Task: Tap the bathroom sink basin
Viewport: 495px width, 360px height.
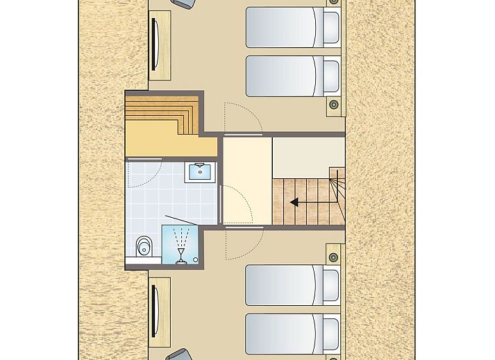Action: (199, 171)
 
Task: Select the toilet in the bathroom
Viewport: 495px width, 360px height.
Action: (144, 246)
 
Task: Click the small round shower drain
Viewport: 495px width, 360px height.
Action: (196, 261)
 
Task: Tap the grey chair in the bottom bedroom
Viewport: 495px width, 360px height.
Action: (180, 355)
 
